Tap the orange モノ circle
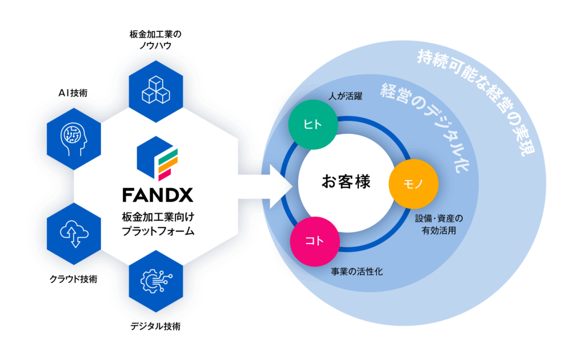click(413, 183)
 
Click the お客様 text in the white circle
click(346, 183)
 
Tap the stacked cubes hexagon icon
click(155, 87)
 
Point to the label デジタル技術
click(155, 327)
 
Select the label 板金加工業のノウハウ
click(155, 41)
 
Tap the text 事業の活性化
click(357, 272)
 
